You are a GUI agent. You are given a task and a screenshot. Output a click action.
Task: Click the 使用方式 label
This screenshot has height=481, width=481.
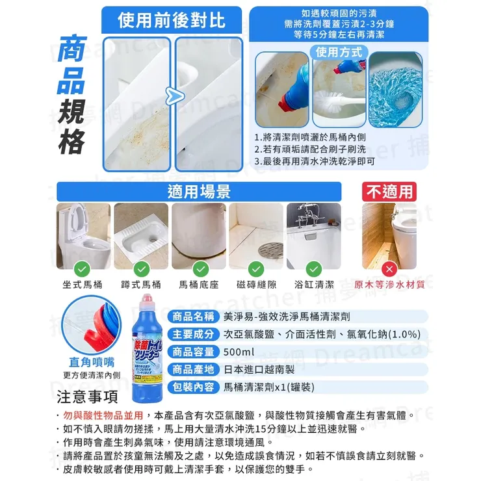pos(341,51)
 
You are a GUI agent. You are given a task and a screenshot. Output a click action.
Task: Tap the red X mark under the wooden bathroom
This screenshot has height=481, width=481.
pos(389,268)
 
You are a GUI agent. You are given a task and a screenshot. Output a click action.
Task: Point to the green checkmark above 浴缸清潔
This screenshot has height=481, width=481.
pos(314,268)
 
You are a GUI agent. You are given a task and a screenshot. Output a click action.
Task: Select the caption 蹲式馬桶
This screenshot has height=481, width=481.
pos(140,285)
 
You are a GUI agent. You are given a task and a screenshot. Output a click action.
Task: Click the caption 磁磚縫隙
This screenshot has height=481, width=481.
pos(256,285)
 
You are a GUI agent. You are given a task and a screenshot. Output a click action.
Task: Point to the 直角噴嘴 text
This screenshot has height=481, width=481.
pos(91,362)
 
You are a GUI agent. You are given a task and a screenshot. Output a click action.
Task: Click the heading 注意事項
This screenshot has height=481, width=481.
pos(88,397)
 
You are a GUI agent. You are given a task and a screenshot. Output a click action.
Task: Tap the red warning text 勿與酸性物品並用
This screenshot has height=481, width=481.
pos(103,415)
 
